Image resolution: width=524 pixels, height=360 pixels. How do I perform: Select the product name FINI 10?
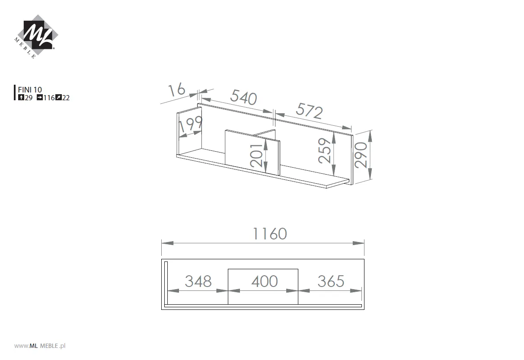coord(30,90)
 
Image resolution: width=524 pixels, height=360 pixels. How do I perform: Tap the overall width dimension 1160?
coord(270,234)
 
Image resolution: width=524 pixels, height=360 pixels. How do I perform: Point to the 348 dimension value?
coord(198,281)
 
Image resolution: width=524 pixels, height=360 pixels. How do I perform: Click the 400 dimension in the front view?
coord(264,281)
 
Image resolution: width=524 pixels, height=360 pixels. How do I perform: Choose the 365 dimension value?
coord(331,281)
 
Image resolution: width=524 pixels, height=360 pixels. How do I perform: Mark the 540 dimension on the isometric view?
coord(243,97)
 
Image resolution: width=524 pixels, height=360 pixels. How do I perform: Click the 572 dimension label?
coord(310,111)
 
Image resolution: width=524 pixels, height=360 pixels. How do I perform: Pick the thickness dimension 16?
coord(177,90)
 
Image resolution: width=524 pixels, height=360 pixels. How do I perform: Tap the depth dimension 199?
coord(190,125)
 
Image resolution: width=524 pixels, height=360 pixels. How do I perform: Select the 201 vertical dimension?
coord(256,156)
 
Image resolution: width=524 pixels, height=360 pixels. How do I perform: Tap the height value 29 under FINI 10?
coord(29,98)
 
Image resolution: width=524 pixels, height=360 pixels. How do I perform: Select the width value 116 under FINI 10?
coord(49,98)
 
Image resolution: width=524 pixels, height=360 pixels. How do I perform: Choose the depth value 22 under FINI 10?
coord(66,98)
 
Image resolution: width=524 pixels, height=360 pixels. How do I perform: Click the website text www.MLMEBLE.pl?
coord(40,346)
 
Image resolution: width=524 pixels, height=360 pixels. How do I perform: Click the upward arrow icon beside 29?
coord(21,98)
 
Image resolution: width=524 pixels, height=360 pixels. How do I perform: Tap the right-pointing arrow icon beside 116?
coord(39,98)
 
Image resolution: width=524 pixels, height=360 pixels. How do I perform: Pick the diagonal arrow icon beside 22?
coord(58,98)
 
